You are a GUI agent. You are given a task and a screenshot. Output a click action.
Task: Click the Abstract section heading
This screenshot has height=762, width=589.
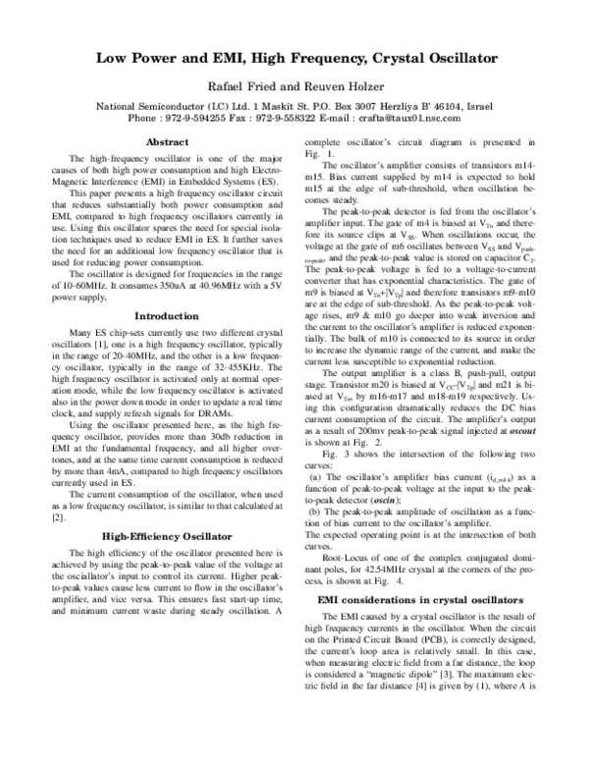coord(167,143)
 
